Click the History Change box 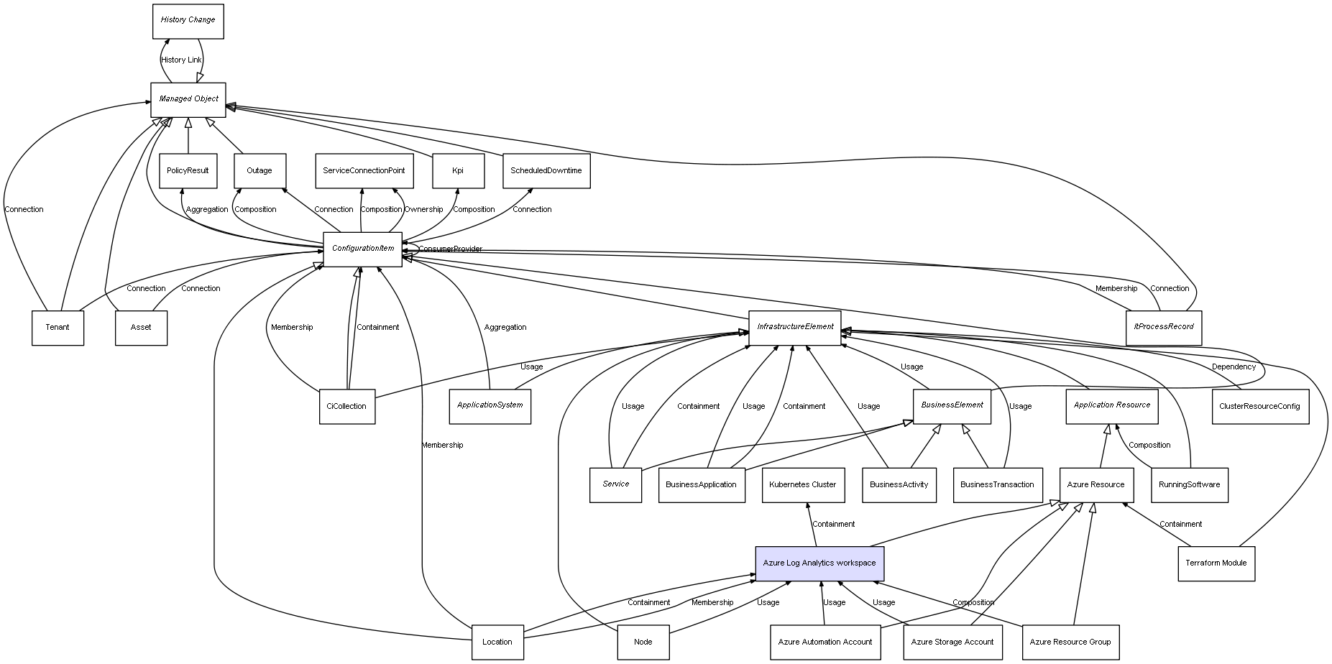(x=188, y=21)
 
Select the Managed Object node (x=188, y=99)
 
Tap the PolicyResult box (x=188, y=171)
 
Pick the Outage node (x=259, y=171)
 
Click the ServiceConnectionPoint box (x=364, y=171)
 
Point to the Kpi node (x=458, y=171)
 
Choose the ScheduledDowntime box (x=546, y=171)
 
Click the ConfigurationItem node (x=363, y=249)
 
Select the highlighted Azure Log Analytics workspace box (x=819, y=563)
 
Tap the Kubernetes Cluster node (x=803, y=485)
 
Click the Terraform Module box (x=1216, y=563)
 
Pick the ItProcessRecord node (x=1164, y=327)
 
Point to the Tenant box (x=58, y=328)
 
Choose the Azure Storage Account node (x=952, y=642)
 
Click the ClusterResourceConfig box (x=1259, y=407)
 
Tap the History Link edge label (x=181, y=60)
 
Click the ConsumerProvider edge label (x=451, y=249)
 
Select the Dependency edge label (x=1234, y=367)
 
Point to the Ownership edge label (x=423, y=210)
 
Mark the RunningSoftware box (x=1190, y=485)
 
